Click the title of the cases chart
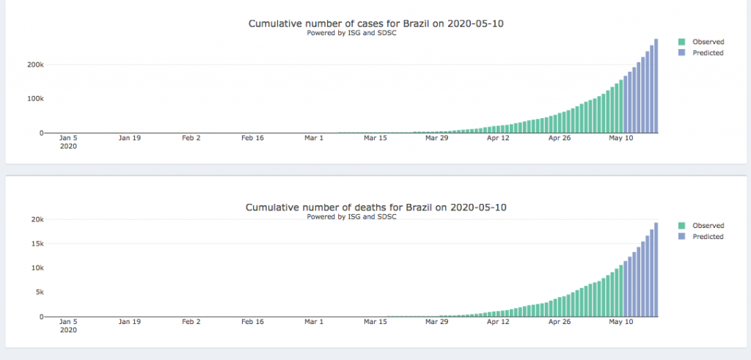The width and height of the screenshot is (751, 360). pos(376,23)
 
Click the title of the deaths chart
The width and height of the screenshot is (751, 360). pos(376,207)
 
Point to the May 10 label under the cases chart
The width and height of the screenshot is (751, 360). pos(620,138)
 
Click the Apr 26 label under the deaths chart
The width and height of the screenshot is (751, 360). pos(559,322)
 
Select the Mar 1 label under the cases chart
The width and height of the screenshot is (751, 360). pos(314,138)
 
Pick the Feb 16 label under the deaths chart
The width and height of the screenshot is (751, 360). pos(253,322)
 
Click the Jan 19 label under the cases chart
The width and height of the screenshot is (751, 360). pos(130,138)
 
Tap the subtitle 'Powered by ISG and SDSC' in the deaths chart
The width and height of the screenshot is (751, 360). pos(351,217)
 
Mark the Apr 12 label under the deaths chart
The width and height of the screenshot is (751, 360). pos(498,322)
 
